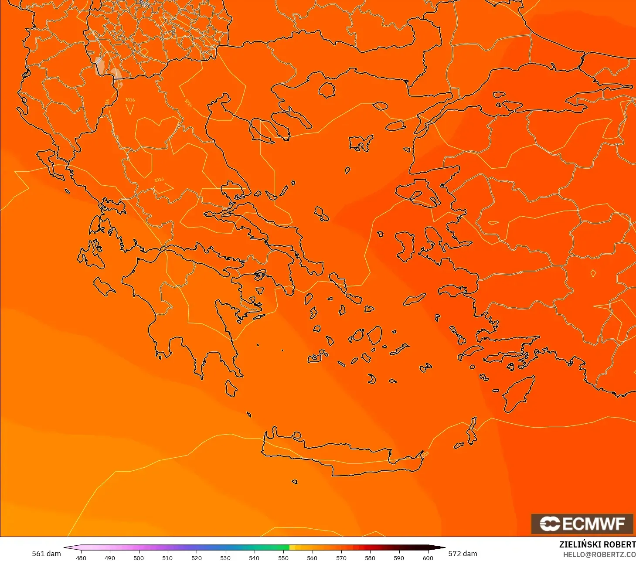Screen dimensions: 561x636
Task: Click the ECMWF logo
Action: [582, 524]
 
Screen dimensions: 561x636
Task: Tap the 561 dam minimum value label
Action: [46, 554]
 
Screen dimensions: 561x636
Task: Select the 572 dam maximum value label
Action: [463, 554]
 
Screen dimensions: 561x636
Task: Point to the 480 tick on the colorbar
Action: [81, 558]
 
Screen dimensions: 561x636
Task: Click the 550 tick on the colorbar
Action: [283, 558]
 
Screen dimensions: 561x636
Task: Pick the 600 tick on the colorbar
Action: [428, 558]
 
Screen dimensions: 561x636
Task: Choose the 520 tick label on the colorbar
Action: [197, 558]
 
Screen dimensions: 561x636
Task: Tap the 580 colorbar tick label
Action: [370, 558]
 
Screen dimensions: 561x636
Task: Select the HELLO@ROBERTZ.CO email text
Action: [599, 554]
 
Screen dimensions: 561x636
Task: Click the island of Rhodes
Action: [517, 394]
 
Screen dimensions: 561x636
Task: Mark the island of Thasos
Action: [327, 90]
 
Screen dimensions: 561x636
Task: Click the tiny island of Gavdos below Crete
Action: [295, 482]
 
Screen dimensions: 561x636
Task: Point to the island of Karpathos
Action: [472, 431]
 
